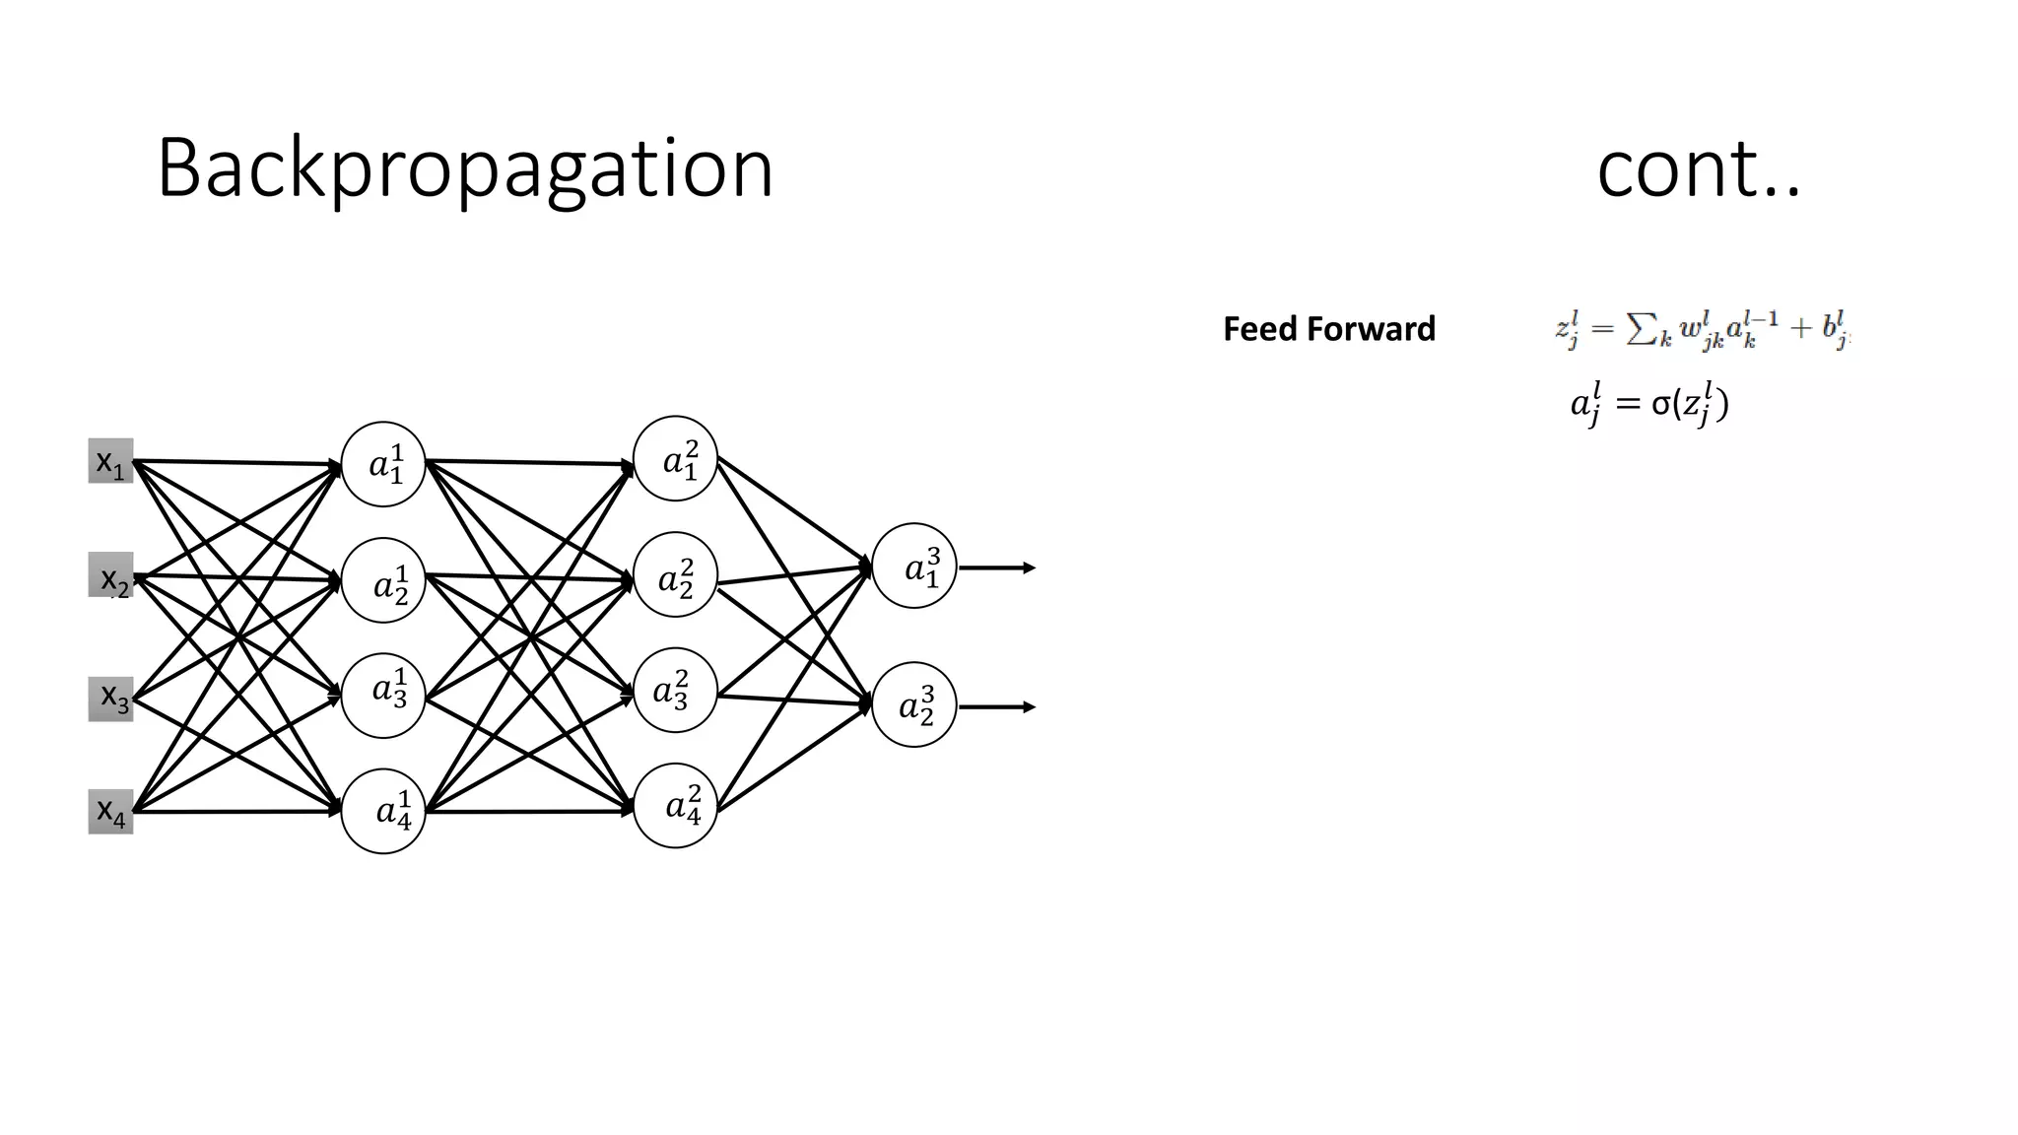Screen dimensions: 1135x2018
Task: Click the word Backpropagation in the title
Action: pos(465,169)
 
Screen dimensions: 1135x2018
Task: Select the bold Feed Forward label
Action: pos(1329,329)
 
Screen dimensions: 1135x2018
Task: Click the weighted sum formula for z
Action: pos(1702,330)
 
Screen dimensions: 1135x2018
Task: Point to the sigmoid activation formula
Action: pos(1649,405)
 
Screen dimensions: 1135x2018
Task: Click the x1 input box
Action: pos(110,461)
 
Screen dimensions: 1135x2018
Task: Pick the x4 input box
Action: pos(110,812)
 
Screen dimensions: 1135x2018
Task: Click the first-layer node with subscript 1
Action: pos(383,464)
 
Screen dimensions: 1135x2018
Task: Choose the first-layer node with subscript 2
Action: pos(383,580)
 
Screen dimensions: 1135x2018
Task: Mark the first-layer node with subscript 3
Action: pos(383,696)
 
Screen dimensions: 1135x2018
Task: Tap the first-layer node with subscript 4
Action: pos(383,811)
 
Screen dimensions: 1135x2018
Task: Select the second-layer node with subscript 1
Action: pos(675,458)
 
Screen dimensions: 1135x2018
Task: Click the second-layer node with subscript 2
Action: pos(675,574)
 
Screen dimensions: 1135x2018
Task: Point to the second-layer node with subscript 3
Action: pos(675,690)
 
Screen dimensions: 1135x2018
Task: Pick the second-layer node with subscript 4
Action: pos(675,806)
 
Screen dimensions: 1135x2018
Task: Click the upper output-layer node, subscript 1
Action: pos(914,566)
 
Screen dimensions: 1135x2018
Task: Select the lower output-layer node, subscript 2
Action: pos(914,704)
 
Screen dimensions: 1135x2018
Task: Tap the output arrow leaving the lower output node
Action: pos(997,707)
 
